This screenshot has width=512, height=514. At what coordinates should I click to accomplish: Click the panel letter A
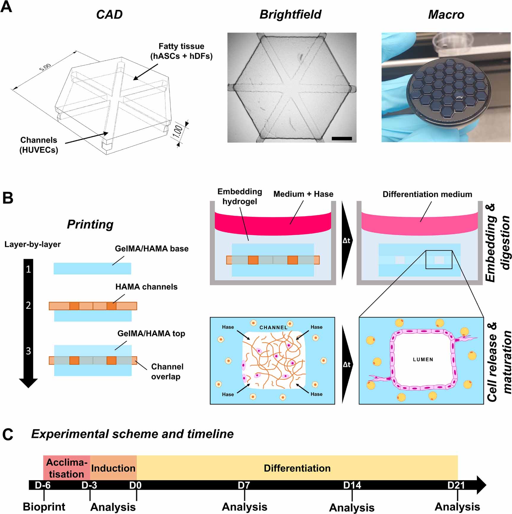7,7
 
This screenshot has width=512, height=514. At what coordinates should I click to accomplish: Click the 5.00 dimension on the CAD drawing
45,67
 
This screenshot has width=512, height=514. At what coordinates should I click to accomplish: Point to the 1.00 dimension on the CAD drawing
177,131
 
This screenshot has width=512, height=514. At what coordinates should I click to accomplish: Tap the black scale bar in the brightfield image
342,138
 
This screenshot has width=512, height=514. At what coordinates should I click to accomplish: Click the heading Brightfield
290,14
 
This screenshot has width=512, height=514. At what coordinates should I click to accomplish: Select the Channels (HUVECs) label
39,145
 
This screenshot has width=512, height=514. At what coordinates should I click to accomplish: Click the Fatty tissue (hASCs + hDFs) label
181,51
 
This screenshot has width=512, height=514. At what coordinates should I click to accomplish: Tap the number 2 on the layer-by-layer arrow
28,305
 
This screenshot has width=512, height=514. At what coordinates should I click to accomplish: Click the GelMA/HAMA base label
151,249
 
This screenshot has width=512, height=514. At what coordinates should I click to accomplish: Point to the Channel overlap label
167,371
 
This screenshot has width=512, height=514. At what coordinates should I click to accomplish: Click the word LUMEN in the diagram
423,360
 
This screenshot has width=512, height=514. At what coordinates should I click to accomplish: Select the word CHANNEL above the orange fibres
273,328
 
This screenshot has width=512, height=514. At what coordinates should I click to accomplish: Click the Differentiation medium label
427,194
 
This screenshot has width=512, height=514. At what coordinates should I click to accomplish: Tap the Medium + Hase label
303,194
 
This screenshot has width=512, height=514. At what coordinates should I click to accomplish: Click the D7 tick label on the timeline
244,485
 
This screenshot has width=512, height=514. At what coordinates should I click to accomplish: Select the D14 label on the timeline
352,485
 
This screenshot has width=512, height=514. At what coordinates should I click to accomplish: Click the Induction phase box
113,468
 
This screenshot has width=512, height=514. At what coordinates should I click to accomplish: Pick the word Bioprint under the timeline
44,507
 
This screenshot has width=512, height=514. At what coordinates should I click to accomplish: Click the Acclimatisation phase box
67,468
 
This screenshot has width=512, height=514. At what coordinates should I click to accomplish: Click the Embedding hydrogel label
240,197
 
